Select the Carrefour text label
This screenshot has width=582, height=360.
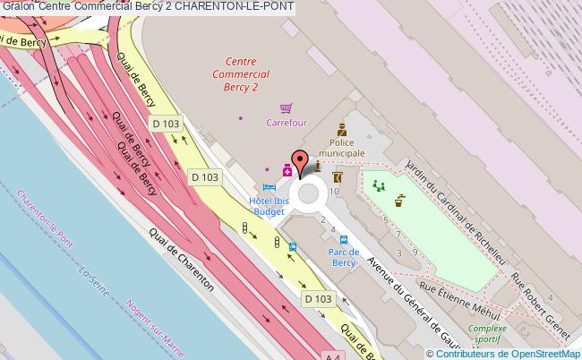pos(287,123)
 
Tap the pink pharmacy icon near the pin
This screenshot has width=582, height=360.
pos(287,170)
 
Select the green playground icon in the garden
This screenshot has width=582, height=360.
pos(379,186)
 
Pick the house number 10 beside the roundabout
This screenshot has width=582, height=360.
pos(335,191)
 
